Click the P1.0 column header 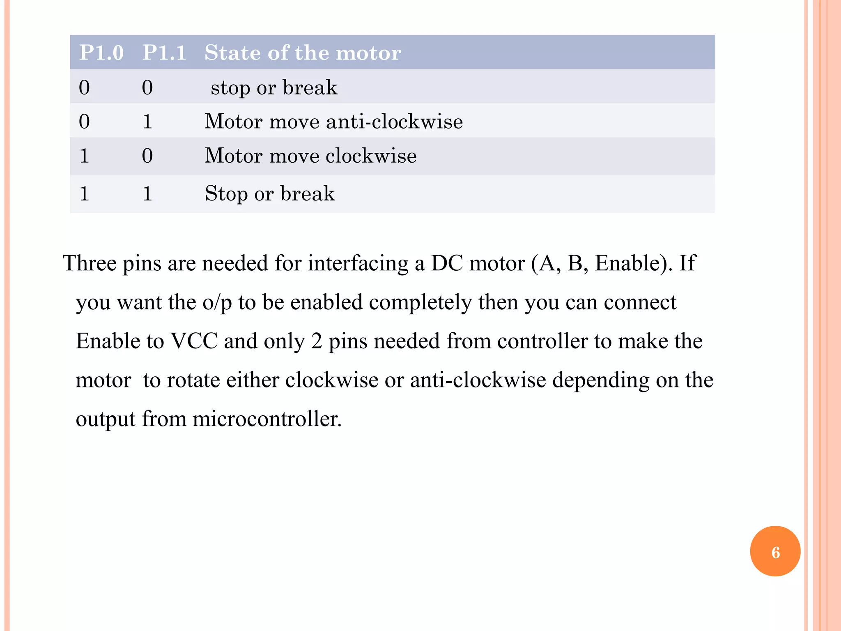tap(101, 53)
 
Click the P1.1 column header tap(164, 53)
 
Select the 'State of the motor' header tap(303, 53)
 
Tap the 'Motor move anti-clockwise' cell tap(333, 122)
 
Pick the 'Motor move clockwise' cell tap(310, 156)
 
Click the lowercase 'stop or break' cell tap(274, 88)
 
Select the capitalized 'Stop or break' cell tap(270, 193)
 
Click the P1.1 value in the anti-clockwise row tap(147, 122)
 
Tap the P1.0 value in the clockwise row tap(84, 156)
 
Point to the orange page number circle tap(775, 551)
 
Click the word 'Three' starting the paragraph tap(90, 263)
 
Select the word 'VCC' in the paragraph tap(194, 341)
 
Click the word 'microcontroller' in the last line tap(267, 419)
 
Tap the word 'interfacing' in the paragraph tap(358, 263)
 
